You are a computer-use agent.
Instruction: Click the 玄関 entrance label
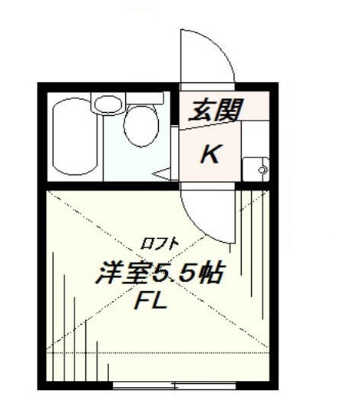[x=215, y=109]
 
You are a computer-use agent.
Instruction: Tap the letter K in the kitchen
[x=210, y=154]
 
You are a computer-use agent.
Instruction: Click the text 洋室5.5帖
[x=159, y=274]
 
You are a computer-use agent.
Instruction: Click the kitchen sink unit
[x=254, y=167]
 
